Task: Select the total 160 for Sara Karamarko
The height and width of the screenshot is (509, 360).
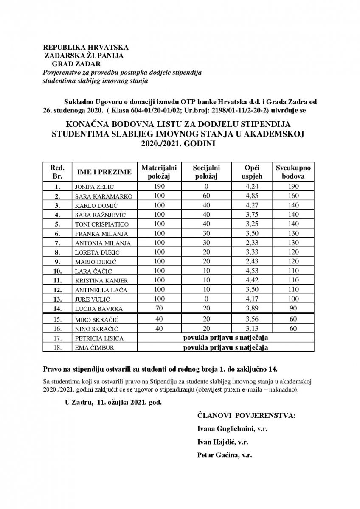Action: pyautogui.click(x=293, y=196)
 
